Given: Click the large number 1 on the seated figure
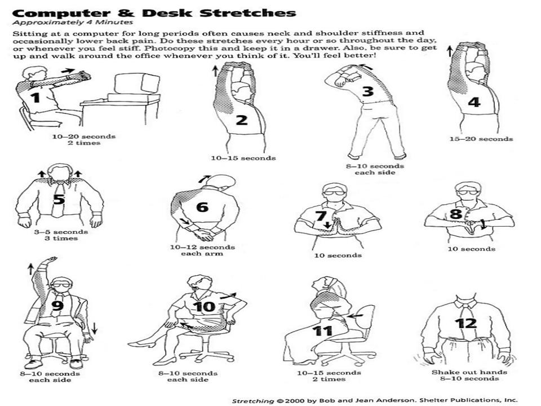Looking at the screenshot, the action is tap(36, 98).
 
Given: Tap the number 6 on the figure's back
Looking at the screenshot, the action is tap(202, 207).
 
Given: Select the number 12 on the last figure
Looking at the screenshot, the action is tap(466, 323).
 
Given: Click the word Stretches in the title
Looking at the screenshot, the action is tap(248, 13).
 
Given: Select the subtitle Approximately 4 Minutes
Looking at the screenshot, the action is tap(73, 23).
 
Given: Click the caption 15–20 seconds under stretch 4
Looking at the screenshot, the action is tap(481, 139).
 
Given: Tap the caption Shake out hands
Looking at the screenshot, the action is tap(469, 372).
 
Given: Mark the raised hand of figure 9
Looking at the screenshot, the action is tap(50, 259).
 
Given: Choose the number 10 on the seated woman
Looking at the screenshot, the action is tap(204, 307).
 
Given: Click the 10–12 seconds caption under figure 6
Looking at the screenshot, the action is tap(202, 247).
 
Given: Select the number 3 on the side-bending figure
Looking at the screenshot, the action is tap(368, 91).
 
